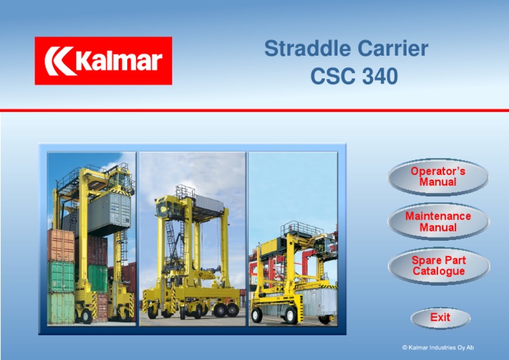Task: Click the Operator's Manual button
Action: tap(438, 176)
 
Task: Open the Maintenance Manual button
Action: tap(438, 221)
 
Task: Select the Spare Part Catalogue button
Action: tap(438, 266)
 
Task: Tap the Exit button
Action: tap(440, 318)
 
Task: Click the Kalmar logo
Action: tap(103, 61)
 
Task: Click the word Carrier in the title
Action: tap(390, 49)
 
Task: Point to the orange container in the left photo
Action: tap(61, 245)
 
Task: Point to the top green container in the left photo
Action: tap(61, 276)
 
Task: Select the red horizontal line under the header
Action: tap(254, 110)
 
